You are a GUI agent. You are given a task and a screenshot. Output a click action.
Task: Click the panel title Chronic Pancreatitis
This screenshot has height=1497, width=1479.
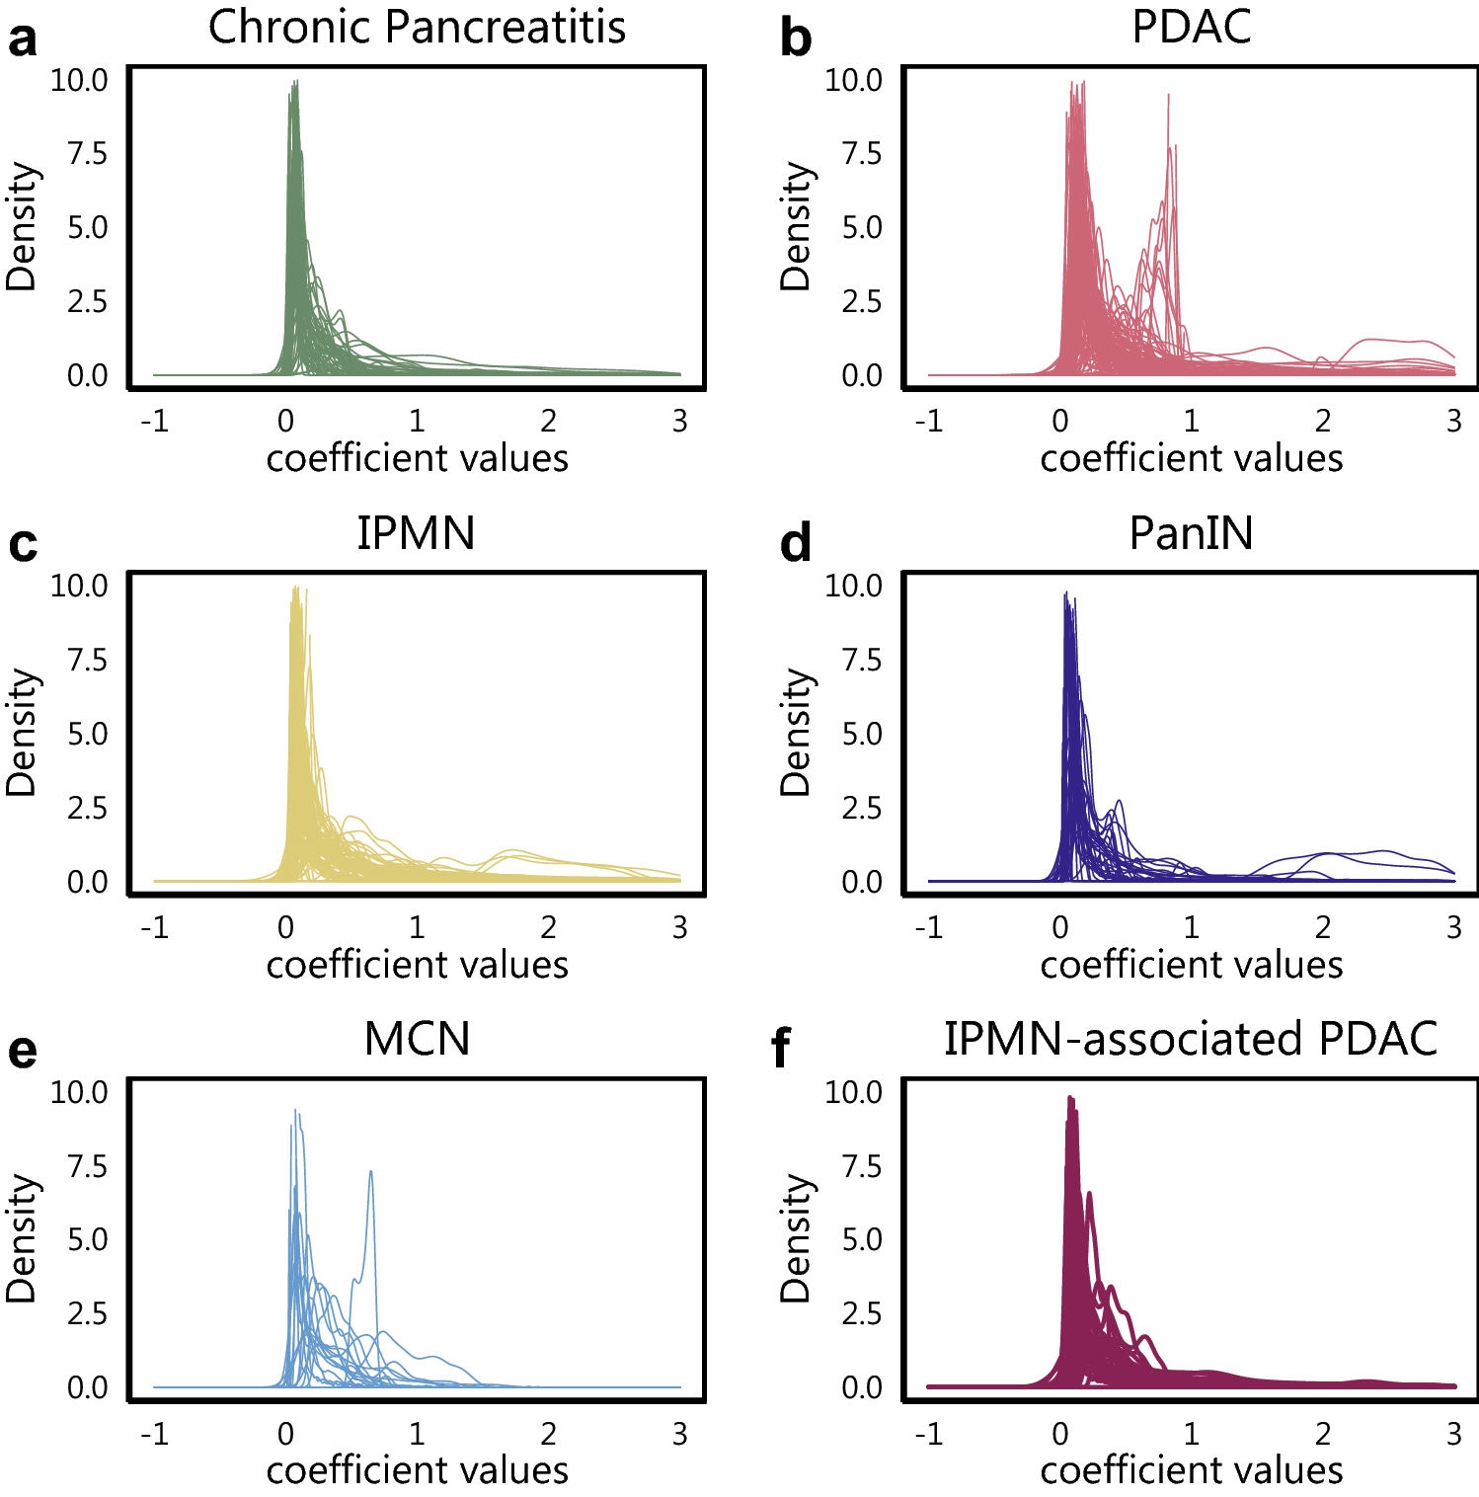[417, 27]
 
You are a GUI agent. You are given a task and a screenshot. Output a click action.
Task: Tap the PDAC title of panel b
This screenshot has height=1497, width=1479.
[1191, 27]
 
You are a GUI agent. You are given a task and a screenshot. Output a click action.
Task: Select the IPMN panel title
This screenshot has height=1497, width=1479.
[416, 533]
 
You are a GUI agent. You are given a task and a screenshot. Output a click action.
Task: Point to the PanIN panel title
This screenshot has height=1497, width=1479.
[1191, 533]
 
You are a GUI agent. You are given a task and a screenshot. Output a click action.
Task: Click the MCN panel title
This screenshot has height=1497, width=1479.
[417, 1039]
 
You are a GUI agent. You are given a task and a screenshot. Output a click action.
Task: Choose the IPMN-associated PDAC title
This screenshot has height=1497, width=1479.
[1191, 1039]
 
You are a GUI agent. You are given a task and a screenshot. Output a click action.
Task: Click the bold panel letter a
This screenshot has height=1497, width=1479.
[23, 39]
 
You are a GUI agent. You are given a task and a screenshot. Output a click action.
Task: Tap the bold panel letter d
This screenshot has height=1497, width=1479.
[796, 544]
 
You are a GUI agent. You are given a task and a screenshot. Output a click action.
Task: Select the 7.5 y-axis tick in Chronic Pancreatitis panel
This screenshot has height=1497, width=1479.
[87, 154]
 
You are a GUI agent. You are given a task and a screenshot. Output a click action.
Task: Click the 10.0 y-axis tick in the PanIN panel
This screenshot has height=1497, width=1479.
[854, 586]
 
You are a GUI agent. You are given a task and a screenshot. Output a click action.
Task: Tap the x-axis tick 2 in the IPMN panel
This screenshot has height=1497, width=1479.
[548, 927]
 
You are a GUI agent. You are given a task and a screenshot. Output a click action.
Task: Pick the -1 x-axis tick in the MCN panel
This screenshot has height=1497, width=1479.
[154, 1434]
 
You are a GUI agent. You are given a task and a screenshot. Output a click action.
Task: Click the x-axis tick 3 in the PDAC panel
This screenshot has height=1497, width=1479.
[1453, 422]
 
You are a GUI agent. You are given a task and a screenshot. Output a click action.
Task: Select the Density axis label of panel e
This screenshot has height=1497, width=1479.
[22, 1238]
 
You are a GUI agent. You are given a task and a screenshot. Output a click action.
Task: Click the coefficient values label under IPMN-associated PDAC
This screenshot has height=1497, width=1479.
[1191, 1471]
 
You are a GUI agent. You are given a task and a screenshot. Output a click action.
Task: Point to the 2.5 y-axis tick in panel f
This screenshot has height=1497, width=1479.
[861, 1314]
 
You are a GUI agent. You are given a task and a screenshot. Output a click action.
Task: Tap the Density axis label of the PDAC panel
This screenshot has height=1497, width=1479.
[796, 227]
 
